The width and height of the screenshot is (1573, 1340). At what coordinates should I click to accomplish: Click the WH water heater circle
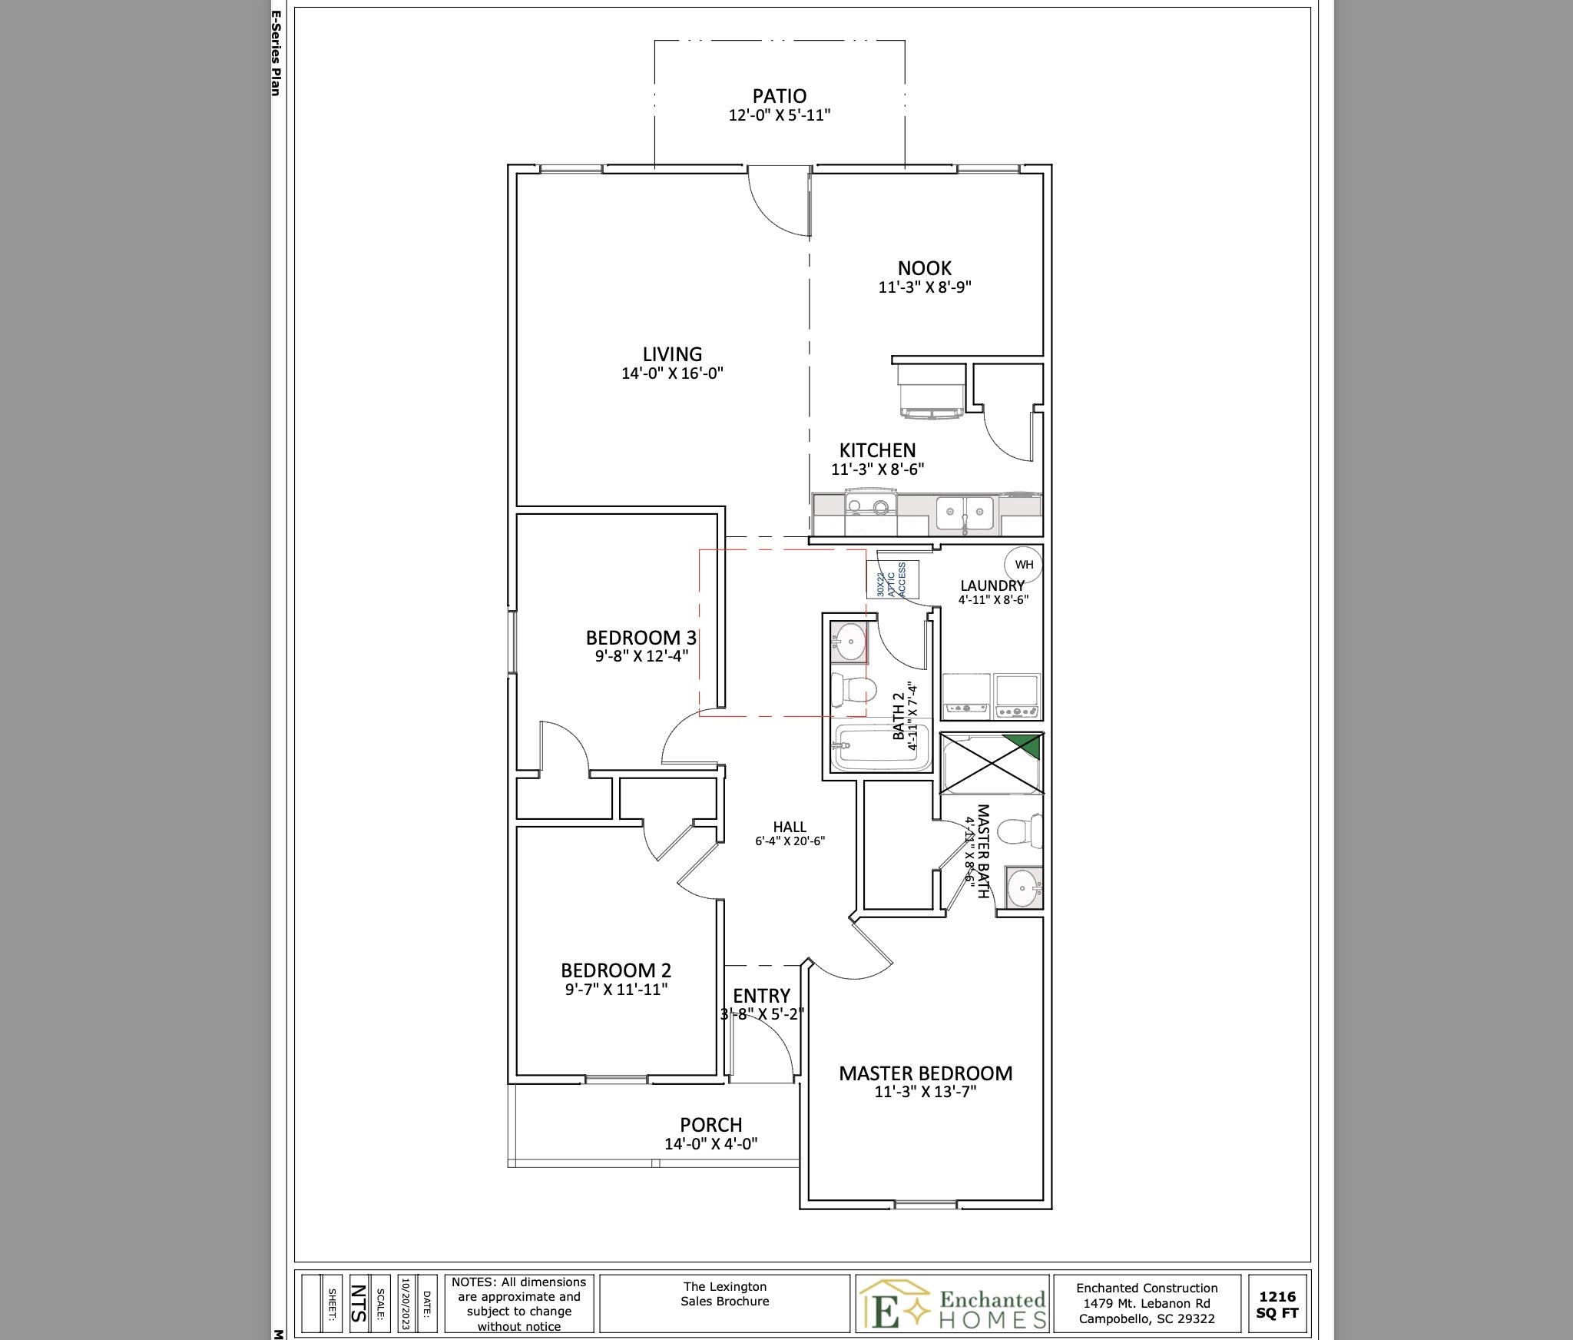tap(1024, 565)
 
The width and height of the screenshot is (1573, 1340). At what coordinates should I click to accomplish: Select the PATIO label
tap(780, 96)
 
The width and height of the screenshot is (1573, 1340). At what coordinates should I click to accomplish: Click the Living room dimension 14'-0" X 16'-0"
tap(672, 374)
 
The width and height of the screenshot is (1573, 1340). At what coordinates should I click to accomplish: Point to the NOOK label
tap(925, 268)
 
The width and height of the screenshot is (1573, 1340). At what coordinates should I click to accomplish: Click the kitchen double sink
tap(965, 513)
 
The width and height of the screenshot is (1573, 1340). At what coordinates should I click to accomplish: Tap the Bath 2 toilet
tap(852, 688)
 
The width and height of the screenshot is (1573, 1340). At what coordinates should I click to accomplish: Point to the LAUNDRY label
tap(992, 585)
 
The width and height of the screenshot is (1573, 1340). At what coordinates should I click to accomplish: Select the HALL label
tap(790, 827)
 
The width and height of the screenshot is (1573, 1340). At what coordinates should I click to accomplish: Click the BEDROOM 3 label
tap(641, 638)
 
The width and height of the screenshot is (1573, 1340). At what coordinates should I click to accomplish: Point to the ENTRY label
tap(761, 997)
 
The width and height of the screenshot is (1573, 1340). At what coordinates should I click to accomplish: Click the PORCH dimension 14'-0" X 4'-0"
tap(710, 1143)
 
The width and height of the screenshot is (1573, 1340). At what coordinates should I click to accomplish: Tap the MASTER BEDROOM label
tap(926, 1073)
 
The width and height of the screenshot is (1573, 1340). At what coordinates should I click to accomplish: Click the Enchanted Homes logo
tap(952, 1303)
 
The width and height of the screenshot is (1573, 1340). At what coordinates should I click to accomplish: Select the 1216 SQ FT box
tap(1277, 1304)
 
